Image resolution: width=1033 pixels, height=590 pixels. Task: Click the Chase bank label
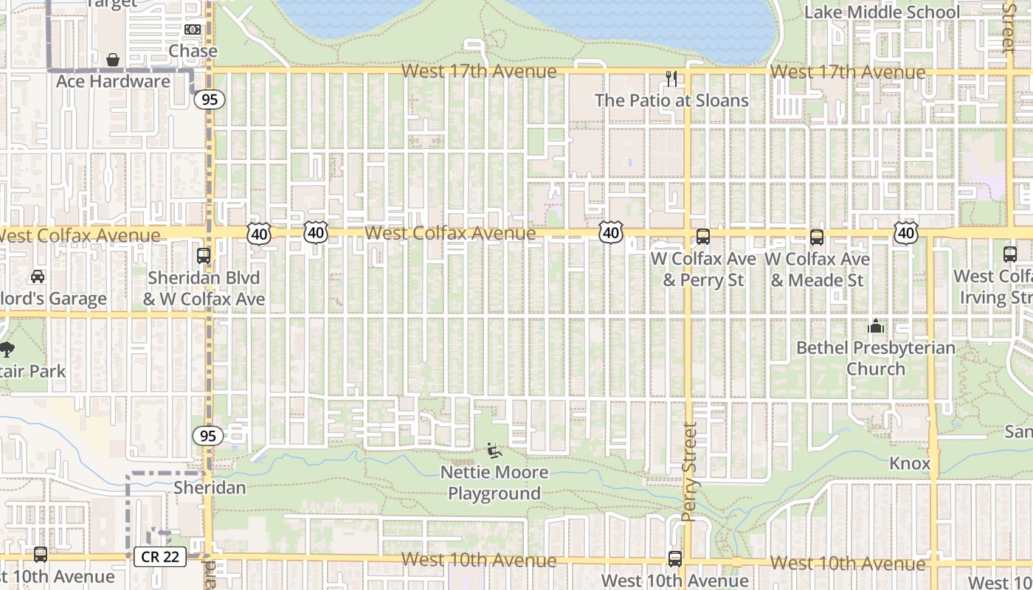pos(193,51)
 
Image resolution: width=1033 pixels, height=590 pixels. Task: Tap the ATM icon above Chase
pos(193,29)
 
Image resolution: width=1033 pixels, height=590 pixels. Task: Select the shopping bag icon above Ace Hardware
pos(113,59)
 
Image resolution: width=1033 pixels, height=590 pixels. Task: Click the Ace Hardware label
pos(113,81)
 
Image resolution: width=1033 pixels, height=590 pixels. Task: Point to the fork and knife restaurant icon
pos(671,79)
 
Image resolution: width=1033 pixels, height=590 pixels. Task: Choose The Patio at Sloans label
pos(671,100)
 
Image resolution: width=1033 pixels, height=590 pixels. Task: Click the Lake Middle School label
pos(882,12)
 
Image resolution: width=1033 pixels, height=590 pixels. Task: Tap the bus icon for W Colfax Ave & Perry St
pos(703,237)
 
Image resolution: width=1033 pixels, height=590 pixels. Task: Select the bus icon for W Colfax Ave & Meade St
pos(817,237)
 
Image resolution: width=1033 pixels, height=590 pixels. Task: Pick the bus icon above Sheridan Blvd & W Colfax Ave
pos(204,256)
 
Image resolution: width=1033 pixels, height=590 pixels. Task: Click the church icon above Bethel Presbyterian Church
pos(876,325)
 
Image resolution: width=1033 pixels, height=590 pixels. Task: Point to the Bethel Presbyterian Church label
pos(876,358)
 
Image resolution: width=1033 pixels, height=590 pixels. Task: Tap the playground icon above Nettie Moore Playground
pos(494,450)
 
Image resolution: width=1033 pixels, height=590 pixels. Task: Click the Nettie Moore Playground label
pos(494,482)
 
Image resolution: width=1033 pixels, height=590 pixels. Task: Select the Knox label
pos(910,463)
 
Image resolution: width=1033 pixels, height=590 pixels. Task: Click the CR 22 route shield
pos(160,557)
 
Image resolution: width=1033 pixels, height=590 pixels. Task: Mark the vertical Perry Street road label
pos(690,472)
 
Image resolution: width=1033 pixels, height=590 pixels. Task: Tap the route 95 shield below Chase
pos(210,99)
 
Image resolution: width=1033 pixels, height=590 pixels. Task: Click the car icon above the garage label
pos(37,277)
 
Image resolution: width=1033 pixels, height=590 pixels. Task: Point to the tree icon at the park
pos(7,349)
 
